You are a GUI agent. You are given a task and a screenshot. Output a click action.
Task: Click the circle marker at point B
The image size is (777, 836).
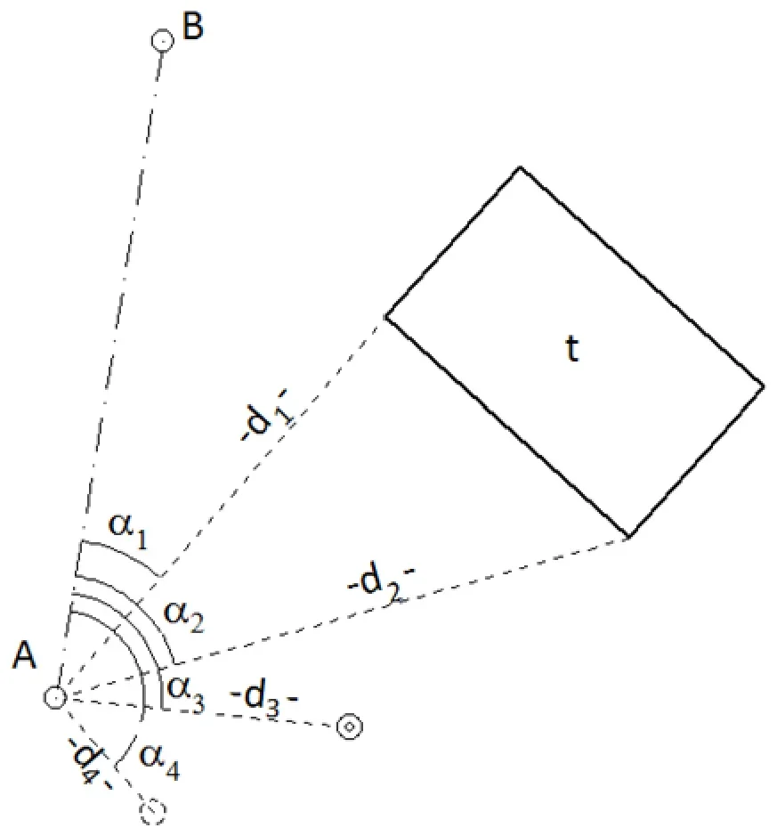163,41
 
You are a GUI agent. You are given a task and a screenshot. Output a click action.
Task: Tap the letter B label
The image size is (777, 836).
192,26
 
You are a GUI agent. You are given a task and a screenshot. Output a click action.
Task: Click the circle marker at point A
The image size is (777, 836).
55,697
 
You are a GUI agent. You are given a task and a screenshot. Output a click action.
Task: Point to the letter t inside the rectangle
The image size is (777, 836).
571,349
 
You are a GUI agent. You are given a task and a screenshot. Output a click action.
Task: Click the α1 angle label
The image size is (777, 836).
128,530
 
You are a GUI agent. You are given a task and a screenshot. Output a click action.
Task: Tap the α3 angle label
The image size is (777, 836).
185,694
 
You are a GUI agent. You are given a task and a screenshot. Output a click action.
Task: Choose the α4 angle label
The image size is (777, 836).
159,761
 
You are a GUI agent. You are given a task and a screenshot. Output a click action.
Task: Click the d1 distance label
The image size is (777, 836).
266,416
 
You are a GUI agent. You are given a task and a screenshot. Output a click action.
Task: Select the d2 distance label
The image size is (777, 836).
380,585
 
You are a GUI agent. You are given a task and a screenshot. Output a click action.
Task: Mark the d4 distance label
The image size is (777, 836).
89,762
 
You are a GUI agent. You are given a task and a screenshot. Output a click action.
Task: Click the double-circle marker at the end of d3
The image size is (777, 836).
350,726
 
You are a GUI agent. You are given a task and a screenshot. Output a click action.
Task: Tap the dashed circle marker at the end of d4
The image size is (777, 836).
152,811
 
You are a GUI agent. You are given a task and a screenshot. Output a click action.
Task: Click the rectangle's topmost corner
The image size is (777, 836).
520,167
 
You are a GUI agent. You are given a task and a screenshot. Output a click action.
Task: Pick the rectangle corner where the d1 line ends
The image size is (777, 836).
386,317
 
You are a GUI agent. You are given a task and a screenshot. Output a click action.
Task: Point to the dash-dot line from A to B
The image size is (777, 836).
109,368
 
